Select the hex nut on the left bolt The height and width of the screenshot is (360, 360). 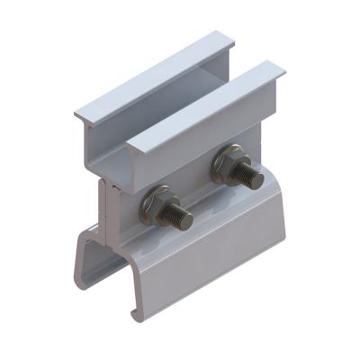tap(164, 210)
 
